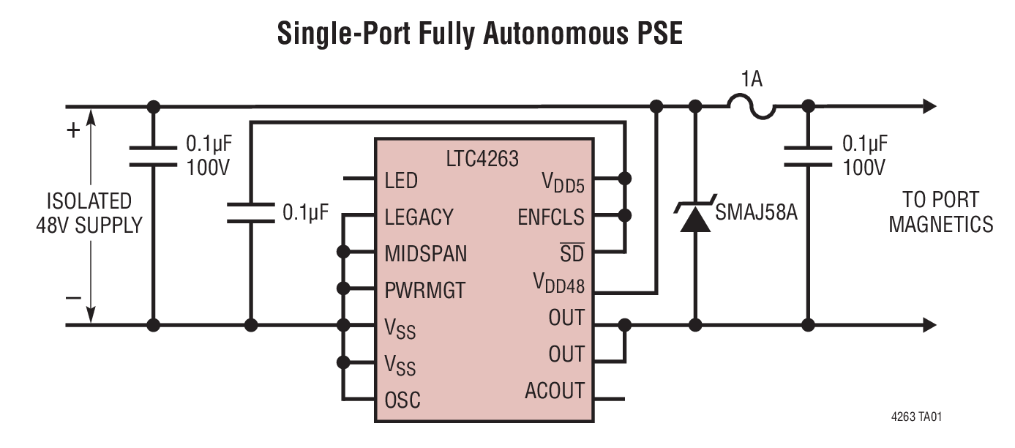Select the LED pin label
(400, 180)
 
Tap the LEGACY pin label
(419, 217)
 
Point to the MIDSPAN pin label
(425, 254)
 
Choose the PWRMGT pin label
(424, 291)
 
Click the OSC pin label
(402, 400)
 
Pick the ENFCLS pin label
(551, 217)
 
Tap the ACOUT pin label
(554, 392)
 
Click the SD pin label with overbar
(572, 254)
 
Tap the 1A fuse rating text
(751, 79)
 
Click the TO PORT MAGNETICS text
(940, 213)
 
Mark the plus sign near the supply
(73, 132)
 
